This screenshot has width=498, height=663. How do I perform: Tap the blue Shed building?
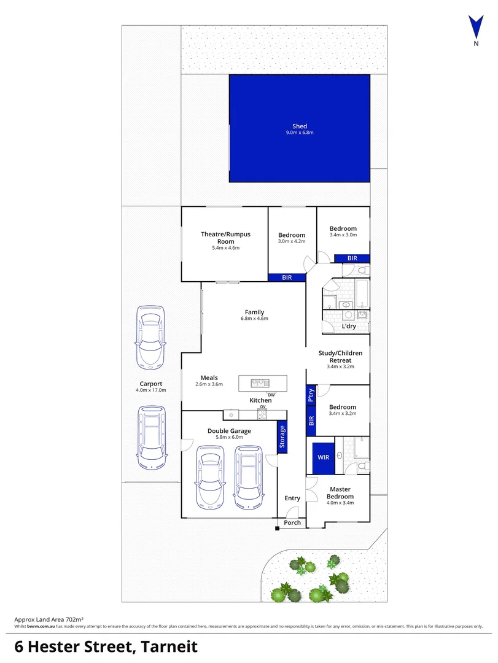(300, 128)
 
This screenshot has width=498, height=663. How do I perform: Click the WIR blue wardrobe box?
(323, 457)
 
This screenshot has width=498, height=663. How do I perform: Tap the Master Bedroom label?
(340, 493)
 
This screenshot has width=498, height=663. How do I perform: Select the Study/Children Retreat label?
(340, 357)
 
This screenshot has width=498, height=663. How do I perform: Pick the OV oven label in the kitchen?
(262, 407)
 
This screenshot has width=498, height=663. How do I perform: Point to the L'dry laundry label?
(349, 326)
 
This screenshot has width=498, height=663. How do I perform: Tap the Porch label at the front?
(292, 522)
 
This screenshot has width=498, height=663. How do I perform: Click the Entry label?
(292, 498)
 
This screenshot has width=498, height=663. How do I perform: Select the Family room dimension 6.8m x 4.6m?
(254, 319)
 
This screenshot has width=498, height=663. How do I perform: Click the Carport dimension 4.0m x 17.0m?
(150, 390)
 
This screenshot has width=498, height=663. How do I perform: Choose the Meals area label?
(209, 378)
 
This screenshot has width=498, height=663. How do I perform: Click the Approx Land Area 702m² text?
(49, 620)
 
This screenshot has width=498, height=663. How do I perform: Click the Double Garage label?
(225, 431)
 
